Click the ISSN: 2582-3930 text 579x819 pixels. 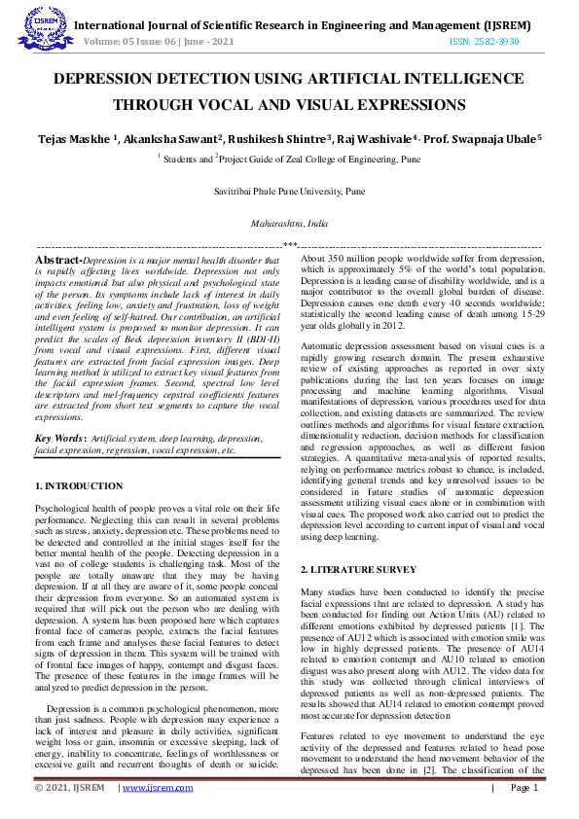pyautogui.click(x=484, y=42)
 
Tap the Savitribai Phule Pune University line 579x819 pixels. pyautogui.click(x=289, y=193)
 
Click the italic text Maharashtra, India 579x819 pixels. pyautogui.click(x=289, y=224)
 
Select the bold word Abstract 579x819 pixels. pyautogui.click(x=57, y=261)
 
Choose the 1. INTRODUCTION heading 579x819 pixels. pyautogui.click(x=79, y=486)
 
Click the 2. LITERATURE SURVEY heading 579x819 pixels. pyautogui.click(x=358, y=569)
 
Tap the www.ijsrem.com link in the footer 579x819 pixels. pyautogui.click(x=159, y=788)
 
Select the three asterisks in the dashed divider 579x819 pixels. pyautogui.click(x=289, y=245)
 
